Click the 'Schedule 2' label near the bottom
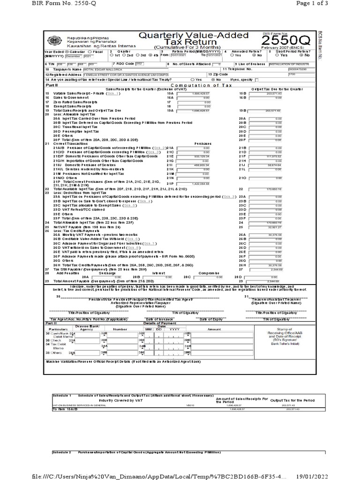[62, 452]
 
